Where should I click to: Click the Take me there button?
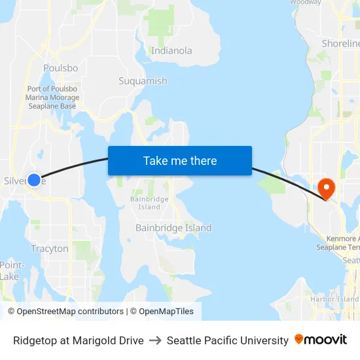pos(180,160)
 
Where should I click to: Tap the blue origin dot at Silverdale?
pos(34,179)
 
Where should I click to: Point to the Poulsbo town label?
pos(60,68)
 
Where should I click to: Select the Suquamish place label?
pos(143,81)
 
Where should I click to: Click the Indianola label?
pos(171,50)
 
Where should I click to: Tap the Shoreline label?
pos(340,43)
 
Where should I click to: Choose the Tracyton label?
pos(50,249)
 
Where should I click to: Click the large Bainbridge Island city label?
pos(173,228)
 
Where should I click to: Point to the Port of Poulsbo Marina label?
pos(52,98)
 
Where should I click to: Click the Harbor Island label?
pos(334,299)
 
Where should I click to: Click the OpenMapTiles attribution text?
pos(164,312)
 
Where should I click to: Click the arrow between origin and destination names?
pos(155,340)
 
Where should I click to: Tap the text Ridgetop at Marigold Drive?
pos(79,340)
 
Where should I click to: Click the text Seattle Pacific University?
pos(227,340)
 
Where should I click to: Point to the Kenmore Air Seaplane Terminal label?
pos(338,243)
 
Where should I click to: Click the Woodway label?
pos(306,2)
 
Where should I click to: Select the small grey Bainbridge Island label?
pos(149,203)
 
